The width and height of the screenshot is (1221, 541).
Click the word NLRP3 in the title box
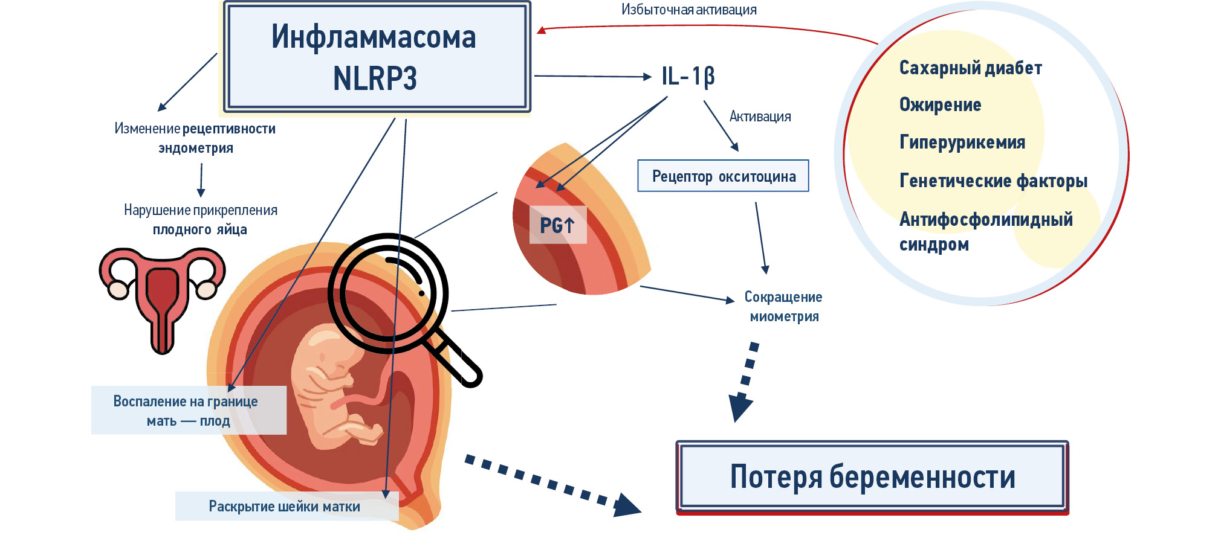click(x=375, y=79)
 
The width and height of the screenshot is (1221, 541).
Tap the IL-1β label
click(x=687, y=77)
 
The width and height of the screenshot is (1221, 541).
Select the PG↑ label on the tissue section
click(x=557, y=225)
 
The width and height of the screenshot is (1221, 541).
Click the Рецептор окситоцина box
click(x=723, y=176)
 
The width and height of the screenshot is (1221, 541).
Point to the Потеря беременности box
click(x=872, y=477)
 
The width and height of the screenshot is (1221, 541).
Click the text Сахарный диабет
click(x=970, y=68)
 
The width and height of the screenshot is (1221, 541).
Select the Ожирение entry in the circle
click(x=940, y=104)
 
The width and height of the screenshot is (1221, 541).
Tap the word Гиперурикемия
click(x=962, y=142)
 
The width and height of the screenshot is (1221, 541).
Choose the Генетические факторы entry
click(x=993, y=181)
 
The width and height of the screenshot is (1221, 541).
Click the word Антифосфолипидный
click(x=986, y=219)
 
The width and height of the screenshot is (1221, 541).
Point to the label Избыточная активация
click(x=688, y=10)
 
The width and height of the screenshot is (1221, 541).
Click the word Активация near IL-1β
click(x=760, y=117)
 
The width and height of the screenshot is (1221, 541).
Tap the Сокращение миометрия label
click(x=783, y=307)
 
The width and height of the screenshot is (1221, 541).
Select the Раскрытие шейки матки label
click(x=284, y=507)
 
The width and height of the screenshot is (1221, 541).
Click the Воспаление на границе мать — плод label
click(x=186, y=411)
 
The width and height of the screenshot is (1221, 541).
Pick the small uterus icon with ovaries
click(x=162, y=296)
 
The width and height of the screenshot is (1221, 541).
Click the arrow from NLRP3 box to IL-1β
click(x=592, y=77)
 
